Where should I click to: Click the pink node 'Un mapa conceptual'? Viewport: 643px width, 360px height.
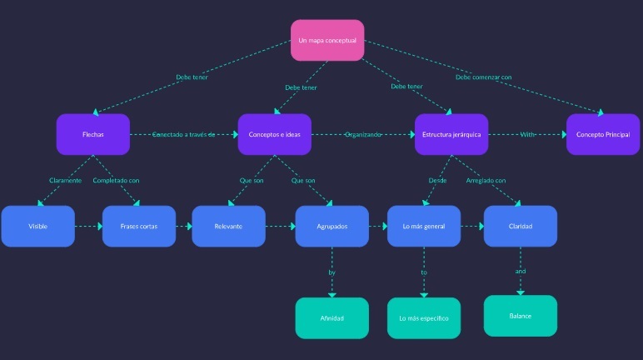[327, 40]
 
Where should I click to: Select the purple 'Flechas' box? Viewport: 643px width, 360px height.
[93, 134]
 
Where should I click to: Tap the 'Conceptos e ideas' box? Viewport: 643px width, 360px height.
[274, 134]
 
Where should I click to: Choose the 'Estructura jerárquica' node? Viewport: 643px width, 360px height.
[451, 134]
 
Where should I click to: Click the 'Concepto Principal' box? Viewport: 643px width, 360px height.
[603, 134]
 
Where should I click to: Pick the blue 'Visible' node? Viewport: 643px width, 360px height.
[37, 226]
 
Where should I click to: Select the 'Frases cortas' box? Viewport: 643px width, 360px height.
[139, 226]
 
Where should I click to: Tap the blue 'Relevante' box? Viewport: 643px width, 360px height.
[228, 226]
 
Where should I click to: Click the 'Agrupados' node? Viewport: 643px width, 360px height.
[331, 226]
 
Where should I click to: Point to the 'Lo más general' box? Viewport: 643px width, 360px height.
[423, 226]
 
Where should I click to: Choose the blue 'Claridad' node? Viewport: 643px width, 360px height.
[521, 226]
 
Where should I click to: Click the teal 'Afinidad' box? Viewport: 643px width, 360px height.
[331, 318]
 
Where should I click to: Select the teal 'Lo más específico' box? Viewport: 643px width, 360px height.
[423, 318]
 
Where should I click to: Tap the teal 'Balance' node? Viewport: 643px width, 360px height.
[521, 316]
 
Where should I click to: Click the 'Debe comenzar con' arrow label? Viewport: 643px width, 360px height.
[483, 77]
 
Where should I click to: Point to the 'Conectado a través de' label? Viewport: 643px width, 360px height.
[183, 134]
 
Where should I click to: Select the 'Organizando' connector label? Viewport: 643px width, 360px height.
[363, 134]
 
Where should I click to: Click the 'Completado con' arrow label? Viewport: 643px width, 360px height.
[116, 180]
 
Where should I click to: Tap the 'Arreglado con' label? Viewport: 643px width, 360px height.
[486, 180]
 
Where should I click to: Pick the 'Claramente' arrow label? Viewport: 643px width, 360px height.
[65, 180]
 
